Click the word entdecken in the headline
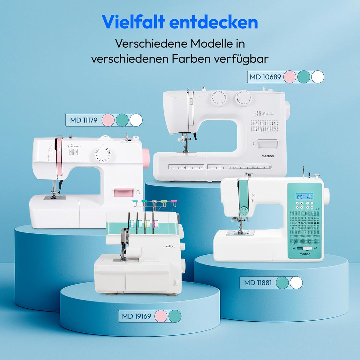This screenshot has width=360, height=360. click(x=213, y=22)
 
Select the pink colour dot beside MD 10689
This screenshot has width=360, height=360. click(x=290, y=77)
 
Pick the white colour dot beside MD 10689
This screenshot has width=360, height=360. click(x=318, y=77)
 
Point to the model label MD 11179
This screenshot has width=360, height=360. click(x=84, y=120)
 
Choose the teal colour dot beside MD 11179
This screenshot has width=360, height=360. click(x=122, y=120)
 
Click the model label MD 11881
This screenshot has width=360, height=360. click(x=258, y=283)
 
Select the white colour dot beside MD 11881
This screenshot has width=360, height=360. click(x=296, y=283)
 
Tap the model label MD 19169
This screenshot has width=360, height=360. click(x=136, y=316)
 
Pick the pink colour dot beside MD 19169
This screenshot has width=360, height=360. click(x=161, y=316)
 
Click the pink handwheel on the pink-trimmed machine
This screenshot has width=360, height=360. click(x=146, y=158)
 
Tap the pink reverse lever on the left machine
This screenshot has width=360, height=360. click(x=123, y=192)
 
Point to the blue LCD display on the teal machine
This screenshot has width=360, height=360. click(x=305, y=196)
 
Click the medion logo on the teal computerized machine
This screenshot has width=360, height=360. click(x=305, y=254)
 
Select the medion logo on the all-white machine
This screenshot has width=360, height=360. click(x=267, y=156)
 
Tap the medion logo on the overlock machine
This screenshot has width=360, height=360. click(x=169, y=246)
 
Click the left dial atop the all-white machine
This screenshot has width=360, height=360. click(x=219, y=99)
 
